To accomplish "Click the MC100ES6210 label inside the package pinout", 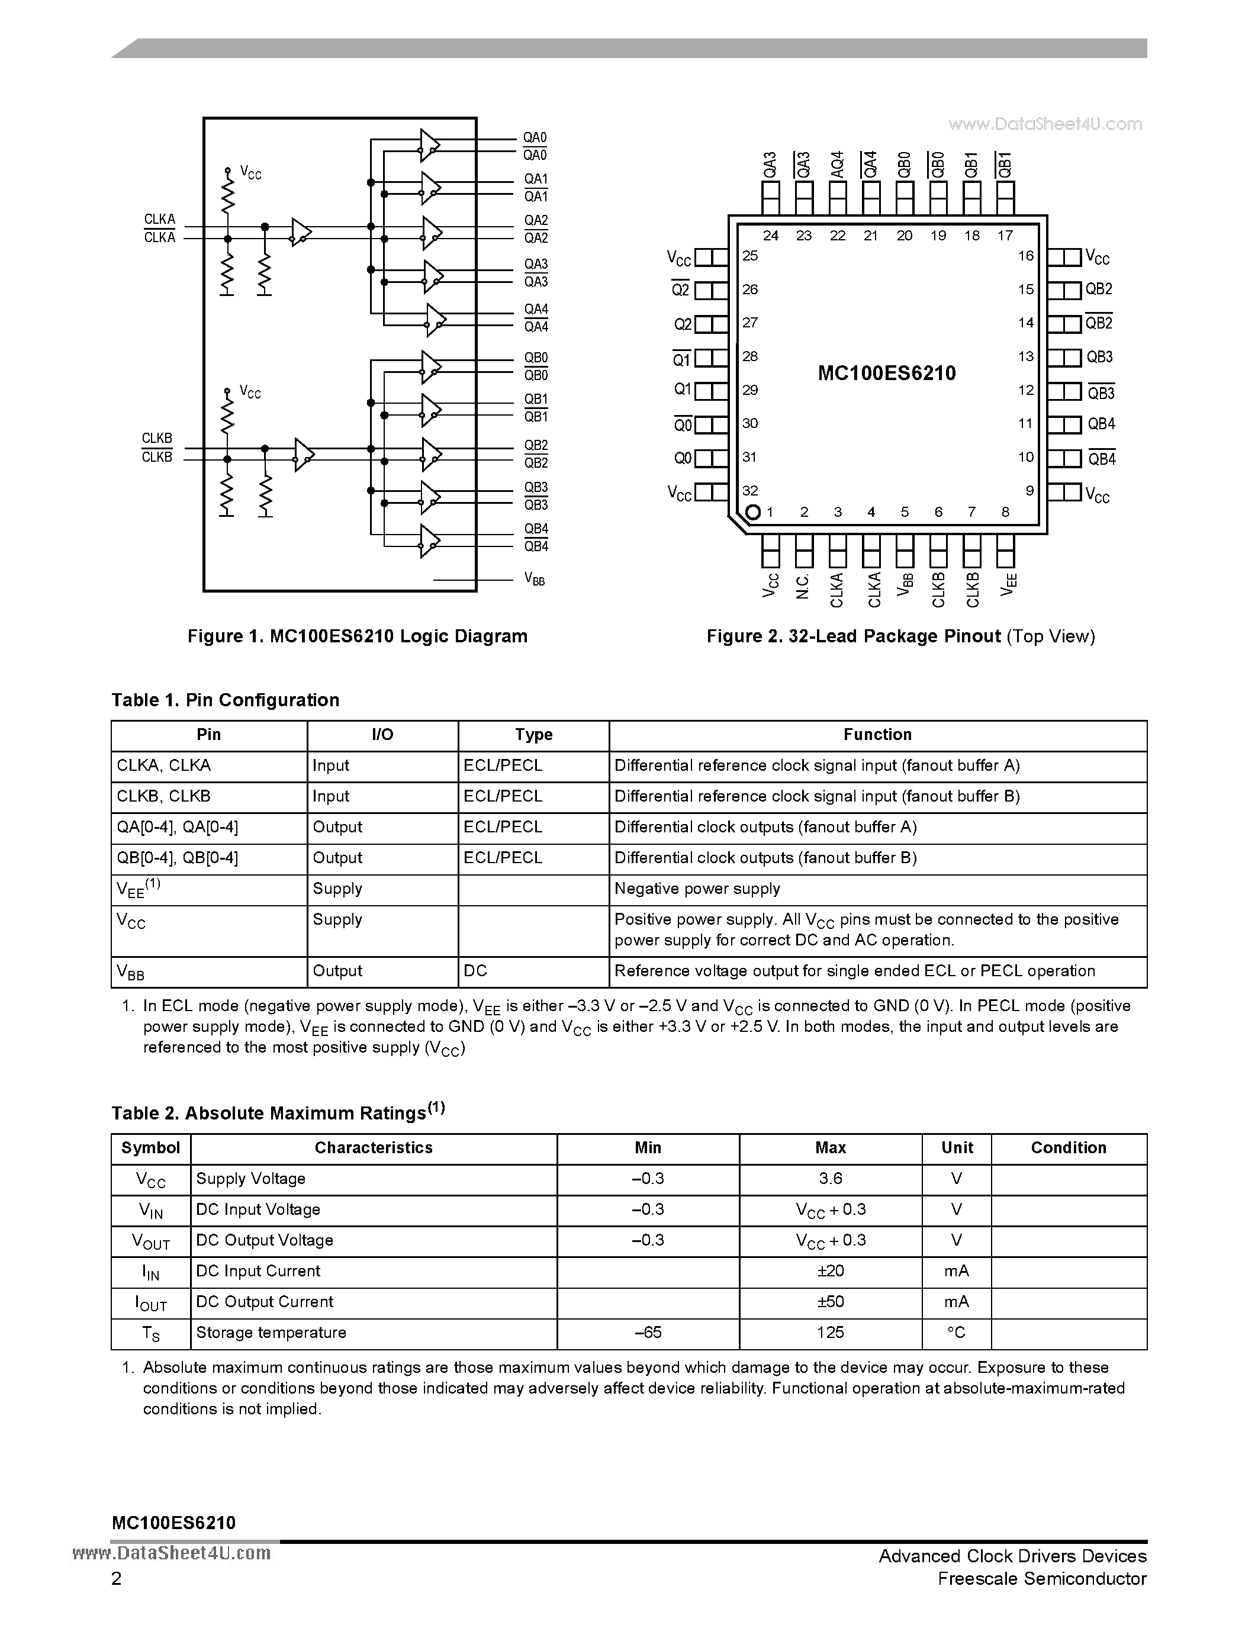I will (x=886, y=373).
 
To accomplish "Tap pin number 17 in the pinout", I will (x=1005, y=236).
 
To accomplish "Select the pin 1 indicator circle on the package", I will (x=752, y=512).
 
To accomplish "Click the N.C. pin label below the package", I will (x=803, y=586).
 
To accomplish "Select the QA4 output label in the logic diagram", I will (x=535, y=308).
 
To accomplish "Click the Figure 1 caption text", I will (x=357, y=636).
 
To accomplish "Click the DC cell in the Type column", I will (x=475, y=970).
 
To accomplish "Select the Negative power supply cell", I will (x=697, y=889).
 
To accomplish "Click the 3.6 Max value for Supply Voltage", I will (x=830, y=1179).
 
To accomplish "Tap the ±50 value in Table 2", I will (x=830, y=1301).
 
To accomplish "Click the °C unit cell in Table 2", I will (x=956, y=1332).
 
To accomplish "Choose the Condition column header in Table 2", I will (x=1068, y=1148).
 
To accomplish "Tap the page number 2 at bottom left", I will (x=116, y=1578).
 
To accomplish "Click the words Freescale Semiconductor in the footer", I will (x=1042, y=1578).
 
